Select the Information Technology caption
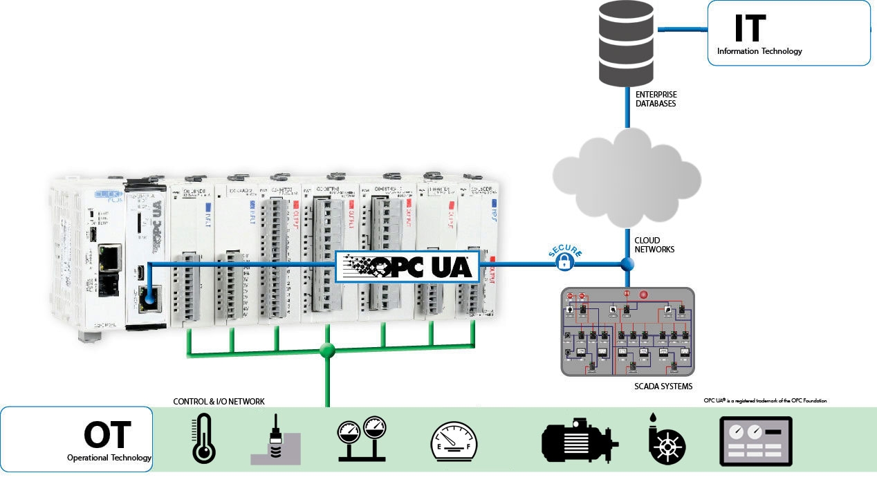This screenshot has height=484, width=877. coord(759,51)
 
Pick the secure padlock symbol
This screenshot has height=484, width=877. coord(565,261)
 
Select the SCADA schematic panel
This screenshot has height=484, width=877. coord(627,331)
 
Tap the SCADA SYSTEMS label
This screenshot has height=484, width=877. coord(663,387)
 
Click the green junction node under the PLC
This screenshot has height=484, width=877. coord(327,350)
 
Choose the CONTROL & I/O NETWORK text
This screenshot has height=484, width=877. coord(219,402)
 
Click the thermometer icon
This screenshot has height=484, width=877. coord(203,438)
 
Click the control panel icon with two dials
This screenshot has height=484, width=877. coord(755,440)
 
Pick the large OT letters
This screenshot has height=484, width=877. coord(107,436)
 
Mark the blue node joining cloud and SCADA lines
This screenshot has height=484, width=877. coord(627,264)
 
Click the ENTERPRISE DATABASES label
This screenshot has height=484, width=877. coord(656,99)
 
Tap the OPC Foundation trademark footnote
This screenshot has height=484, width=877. coord(765,400)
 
